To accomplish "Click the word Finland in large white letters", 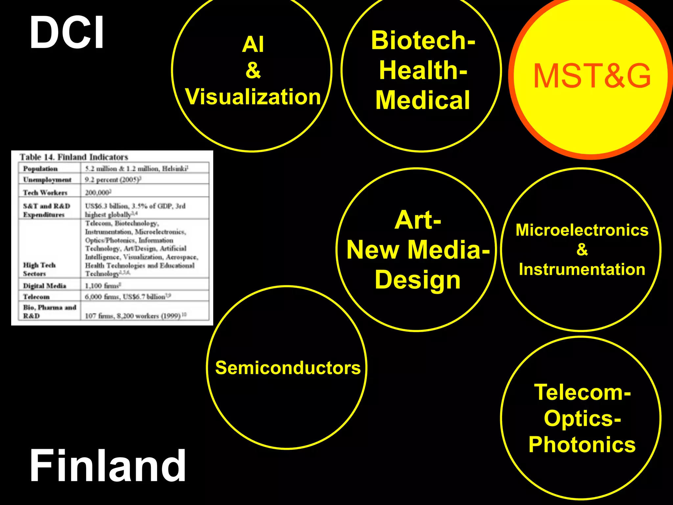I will point(107,466).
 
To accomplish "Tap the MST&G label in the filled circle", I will point(592,76).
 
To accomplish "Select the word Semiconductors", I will point(288,368).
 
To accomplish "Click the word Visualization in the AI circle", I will point(253,97).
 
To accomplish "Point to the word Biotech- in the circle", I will point(423,40).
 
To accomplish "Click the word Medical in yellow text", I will point(423,100).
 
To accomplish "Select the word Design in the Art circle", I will point(417,280).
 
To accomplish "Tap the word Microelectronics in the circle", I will point(582,230).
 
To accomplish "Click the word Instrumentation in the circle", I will point(582,269).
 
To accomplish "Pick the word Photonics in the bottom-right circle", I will point(582,445).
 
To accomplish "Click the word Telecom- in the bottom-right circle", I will point(582,392).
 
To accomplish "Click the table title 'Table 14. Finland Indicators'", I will point(74,157).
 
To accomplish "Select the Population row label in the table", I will point(40,169).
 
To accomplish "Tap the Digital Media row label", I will point(44,286).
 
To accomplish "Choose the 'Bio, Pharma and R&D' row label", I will point(49,311).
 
